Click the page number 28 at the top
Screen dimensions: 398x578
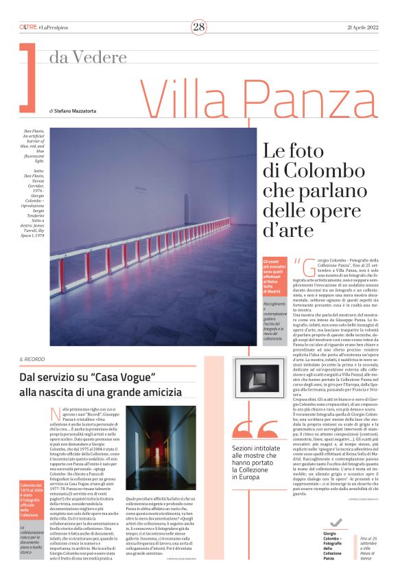(x=198, y=27)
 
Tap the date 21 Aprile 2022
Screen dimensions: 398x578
(x=358, y=27)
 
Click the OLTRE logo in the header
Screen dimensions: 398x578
(x=27, y=27)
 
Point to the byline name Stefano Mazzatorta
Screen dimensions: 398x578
(x=77, y=110)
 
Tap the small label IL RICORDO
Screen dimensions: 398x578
(x=33, y=359)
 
